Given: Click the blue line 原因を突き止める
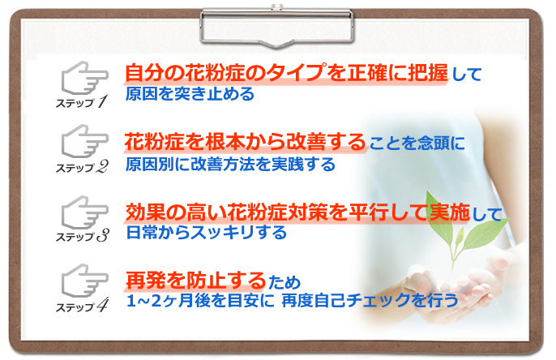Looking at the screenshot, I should coord(190,94).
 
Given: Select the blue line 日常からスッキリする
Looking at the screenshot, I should coord(206,234).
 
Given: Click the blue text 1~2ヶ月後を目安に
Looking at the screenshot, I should coord(199,301).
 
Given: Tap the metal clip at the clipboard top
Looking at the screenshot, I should coord(277,24).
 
